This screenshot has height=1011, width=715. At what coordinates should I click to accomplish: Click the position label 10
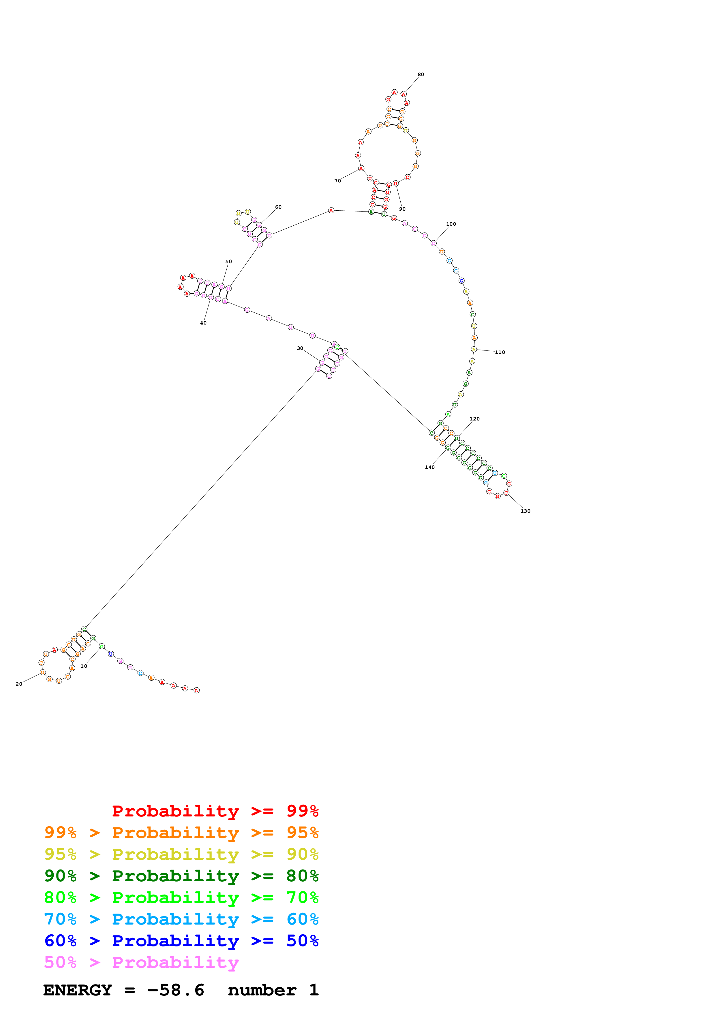(x=84, y=666)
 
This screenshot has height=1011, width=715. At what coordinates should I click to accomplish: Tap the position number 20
(x=18, y=684)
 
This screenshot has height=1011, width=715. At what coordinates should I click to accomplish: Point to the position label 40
(x=203, y=323)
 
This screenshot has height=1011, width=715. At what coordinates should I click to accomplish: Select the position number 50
(x=229, y=262)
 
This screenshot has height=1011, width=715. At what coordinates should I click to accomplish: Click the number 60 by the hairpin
(x=278, y=207)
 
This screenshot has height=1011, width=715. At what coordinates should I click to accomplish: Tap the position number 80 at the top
(x=421, y=74)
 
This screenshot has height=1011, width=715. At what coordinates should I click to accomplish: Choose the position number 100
(x=451, y=224)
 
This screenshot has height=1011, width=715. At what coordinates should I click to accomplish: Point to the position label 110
(x=500, y=352)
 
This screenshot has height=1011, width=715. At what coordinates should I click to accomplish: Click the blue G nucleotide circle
(x=461, y=280)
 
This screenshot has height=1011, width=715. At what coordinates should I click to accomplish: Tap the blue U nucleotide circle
(x=110, y=654)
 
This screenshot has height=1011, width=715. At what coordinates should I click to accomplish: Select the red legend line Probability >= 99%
(x=215, y=811)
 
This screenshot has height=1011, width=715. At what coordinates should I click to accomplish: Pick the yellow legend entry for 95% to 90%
(x=181, y=854)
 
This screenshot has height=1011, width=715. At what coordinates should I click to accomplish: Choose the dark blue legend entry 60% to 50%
(x=181, y=941)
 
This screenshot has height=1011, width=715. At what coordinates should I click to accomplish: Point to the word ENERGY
(x=78, y=990)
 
